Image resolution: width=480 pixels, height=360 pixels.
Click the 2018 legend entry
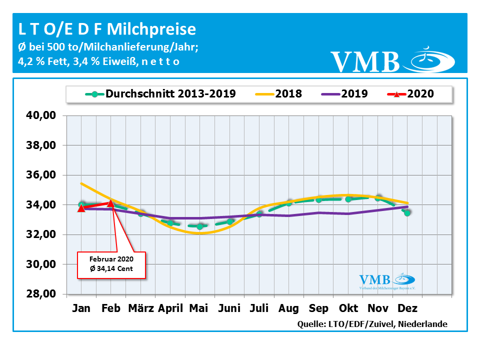coord(280,93)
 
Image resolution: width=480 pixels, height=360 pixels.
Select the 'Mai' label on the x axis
coord(198,308)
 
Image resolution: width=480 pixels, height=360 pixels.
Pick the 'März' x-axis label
coord(141,308)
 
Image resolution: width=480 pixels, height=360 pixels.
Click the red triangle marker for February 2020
coord(110,203)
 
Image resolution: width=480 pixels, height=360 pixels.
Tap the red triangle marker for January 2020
coord(81,208)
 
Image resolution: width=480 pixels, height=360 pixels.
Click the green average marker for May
coord(199,226)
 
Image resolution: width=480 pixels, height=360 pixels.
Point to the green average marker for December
coord(407,212)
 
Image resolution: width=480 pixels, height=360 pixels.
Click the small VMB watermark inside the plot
coord(388,281)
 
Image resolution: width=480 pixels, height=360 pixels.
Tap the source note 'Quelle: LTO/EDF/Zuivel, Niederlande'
coord(372,324)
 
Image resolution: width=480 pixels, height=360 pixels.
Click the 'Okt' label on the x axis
coord(348,308)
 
